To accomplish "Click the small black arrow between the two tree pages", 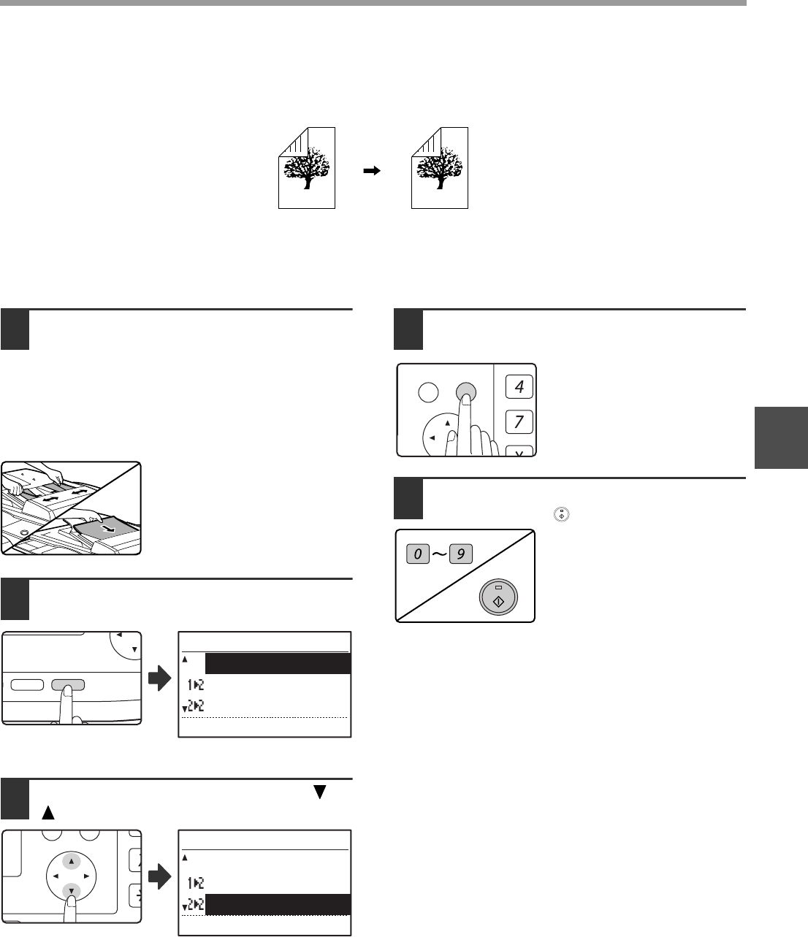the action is (x=372, y=171).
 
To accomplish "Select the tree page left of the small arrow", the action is (x=307, y=168).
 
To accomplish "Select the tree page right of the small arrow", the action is (x=439, y=168).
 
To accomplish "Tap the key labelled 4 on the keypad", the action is (x=519, y=386).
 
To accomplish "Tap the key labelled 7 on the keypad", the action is (x=519, y=422).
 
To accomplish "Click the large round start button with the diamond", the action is (x=498, y=597).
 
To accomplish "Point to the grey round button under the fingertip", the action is (x=465, y=391).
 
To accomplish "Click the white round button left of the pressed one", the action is (x=428, y=392).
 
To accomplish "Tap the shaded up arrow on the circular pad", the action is (x=71, y=861).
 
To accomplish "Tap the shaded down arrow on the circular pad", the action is (x=71, y=890).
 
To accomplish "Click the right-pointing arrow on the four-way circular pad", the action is (x=86, y=876).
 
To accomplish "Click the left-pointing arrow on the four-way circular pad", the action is (x=56, y=876).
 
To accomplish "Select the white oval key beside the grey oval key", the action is (x=27, y=684).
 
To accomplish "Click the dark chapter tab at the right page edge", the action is (x=781, y=438).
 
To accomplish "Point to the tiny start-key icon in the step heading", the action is (x=561, y=515).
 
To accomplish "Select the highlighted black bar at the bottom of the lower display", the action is (x=278, y=904).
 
